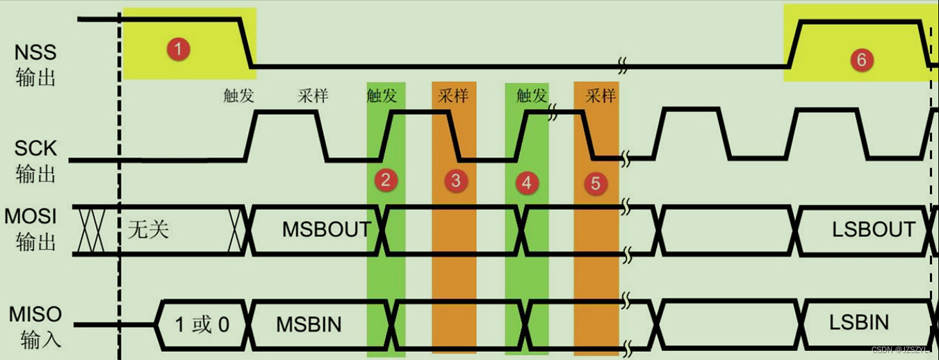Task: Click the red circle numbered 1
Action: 179,49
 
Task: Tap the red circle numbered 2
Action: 386,181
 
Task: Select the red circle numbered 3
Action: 455,181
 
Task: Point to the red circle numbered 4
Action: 525,183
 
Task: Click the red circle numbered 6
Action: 861,60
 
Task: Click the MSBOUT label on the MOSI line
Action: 326,229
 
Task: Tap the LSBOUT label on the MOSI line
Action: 873,229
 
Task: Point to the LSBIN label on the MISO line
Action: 859,322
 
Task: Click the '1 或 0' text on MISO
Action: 202,324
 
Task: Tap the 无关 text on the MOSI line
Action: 148,229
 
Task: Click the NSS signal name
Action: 35,52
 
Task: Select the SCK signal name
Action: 35,148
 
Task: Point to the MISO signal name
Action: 35,314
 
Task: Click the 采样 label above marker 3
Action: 453,95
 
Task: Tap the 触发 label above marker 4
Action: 532,95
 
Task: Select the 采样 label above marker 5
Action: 601,95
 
